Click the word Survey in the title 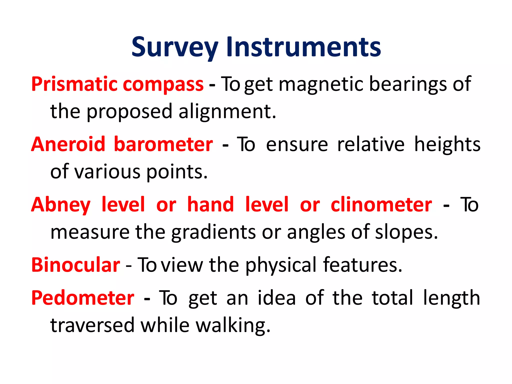175,47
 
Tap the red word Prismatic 74,84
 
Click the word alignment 227,111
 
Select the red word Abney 61,205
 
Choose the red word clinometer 381,205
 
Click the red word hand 210,205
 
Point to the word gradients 213,232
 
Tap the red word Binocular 75,265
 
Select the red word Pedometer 83,298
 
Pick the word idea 277,298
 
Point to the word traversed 92,326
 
